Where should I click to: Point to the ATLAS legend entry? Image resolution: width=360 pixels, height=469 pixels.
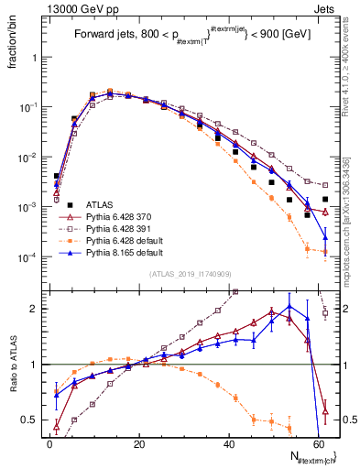(x=105, y=204)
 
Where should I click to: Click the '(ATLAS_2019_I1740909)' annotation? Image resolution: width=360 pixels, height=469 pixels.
(x=188, y=274)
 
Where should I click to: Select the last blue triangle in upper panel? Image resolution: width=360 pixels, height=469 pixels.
(x=325, y=238)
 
